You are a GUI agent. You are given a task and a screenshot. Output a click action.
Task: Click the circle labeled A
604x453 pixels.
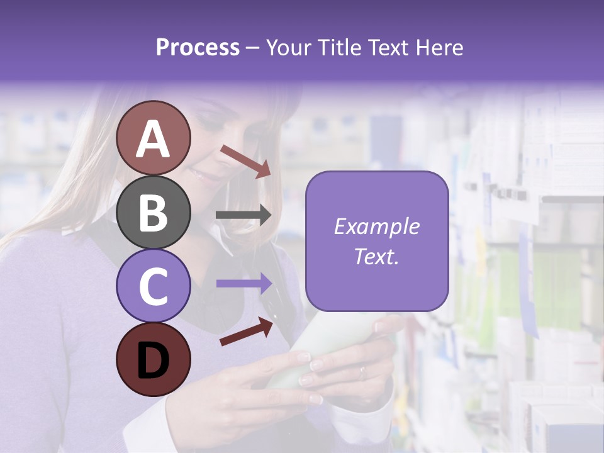153,138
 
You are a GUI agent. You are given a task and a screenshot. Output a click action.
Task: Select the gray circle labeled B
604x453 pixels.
153,212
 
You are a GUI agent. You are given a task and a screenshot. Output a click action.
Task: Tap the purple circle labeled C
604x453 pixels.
153,286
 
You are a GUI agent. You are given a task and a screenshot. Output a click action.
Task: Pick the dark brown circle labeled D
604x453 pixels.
153,359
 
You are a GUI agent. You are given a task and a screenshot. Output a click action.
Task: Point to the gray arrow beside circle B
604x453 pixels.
244,216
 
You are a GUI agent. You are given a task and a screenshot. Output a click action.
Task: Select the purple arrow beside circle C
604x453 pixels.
244,284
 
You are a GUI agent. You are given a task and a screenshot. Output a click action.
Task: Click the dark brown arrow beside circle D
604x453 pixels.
246,332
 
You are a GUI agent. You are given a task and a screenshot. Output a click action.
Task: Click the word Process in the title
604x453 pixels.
198,47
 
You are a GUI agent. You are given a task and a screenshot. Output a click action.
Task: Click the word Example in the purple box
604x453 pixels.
377,226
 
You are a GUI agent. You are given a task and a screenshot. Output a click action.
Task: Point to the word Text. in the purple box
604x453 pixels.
377,256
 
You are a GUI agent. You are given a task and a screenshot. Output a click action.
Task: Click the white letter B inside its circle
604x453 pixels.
153,213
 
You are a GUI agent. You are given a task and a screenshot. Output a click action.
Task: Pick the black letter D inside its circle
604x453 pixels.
153,361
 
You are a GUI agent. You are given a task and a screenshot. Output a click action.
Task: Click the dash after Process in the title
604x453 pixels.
253,48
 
